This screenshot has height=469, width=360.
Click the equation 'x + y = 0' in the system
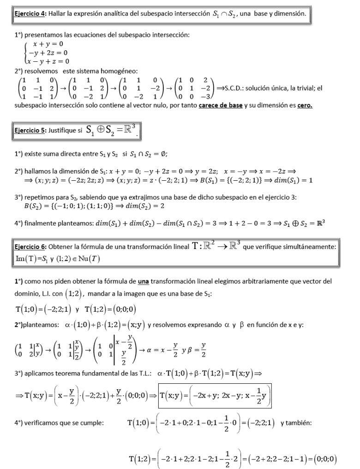(44, 44)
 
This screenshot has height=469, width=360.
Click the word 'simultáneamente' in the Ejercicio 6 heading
(311, 247)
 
